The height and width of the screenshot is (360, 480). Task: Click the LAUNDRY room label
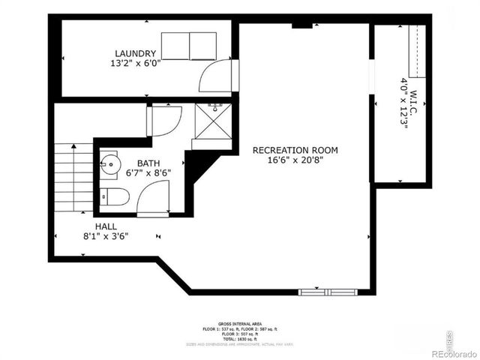click(x=135, y=53)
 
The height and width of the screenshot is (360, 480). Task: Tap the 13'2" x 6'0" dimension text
click(x=135, y=64)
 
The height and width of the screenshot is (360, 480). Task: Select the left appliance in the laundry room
click(x=175, y=46)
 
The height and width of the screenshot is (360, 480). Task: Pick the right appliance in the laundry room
click(x=202, y=46)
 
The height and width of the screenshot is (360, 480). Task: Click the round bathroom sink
click(x=110, y=163)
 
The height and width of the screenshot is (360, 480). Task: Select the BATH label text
click(x=148, y=162)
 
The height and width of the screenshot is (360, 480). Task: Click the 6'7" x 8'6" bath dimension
click(x=148, y=172)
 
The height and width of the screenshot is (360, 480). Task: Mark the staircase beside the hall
click(x=73, y=178)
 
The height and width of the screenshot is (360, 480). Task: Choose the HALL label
click(x=105, y=226)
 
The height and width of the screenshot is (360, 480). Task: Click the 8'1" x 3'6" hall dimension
click(x=105, y=236)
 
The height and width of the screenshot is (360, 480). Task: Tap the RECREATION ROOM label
click(x=295, y=150)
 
